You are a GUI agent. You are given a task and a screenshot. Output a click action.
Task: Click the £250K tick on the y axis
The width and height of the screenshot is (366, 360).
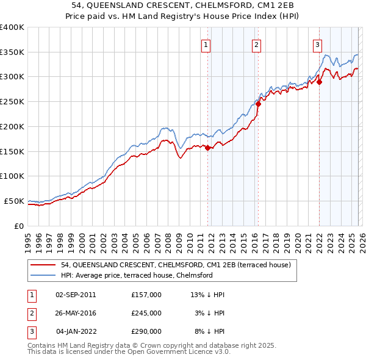coord(12,102)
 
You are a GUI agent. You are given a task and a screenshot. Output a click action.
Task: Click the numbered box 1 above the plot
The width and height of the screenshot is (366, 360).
coord(206,45)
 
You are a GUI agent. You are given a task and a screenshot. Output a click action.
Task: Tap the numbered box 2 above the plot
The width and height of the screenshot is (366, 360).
coord(256,45)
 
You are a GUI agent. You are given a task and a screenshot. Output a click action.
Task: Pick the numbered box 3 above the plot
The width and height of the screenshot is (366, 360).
coord(318,45)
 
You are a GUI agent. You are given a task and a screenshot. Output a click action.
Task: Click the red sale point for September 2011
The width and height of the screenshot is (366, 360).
coord(208,148)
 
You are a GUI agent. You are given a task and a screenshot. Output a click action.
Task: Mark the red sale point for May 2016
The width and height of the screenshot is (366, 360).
coord(259,104)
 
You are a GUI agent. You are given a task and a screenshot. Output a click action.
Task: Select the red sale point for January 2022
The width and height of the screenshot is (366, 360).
coord(319,82)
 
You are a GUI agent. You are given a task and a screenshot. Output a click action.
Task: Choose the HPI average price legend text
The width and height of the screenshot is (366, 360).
coord(136,275)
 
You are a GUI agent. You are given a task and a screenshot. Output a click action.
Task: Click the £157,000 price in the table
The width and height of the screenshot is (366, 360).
coord(146,294)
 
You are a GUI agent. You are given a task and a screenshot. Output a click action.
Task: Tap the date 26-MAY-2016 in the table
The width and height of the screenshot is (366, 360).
coord(76,313)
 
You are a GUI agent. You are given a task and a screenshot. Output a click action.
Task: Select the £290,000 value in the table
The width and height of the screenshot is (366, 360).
coord(146,331)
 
